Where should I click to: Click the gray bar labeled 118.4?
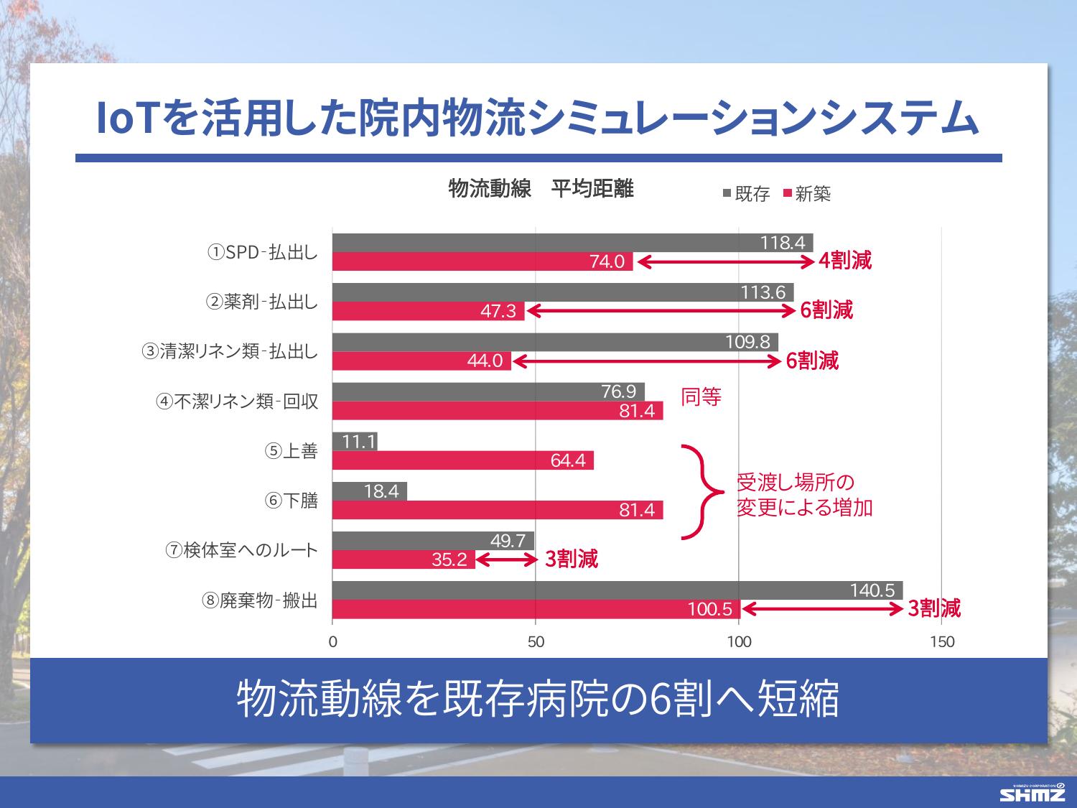572,243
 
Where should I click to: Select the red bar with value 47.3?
429,312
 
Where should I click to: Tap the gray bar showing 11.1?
355,442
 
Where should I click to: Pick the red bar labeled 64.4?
463,460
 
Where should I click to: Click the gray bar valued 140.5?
617,590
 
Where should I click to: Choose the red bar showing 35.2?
404,559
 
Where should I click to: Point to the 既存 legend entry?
746,194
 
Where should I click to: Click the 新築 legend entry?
807,194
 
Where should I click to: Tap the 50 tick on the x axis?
536,642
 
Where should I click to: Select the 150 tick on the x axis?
941,642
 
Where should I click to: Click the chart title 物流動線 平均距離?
541,189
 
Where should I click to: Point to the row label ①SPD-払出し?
262,253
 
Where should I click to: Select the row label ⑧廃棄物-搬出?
259,600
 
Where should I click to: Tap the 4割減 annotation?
845,261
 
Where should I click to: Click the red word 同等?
701,396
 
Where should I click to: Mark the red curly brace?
700,491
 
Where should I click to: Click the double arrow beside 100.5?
822,610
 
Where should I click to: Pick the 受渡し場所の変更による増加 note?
804,495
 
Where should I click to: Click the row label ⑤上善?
291,451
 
